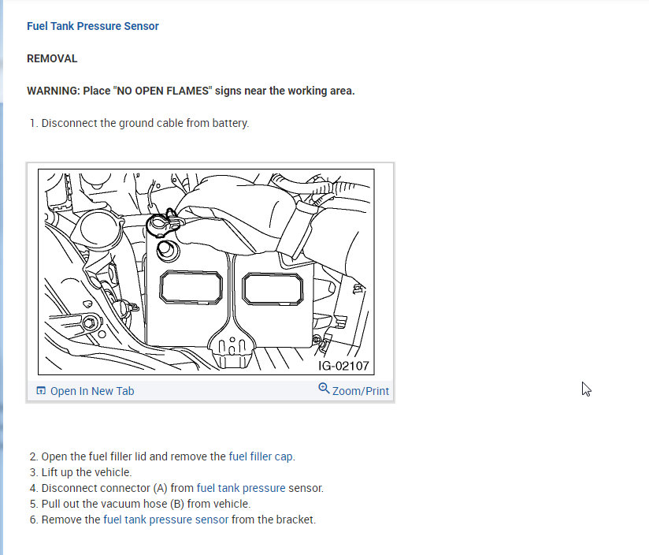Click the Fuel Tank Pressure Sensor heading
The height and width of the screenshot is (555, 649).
[x=93, y=26]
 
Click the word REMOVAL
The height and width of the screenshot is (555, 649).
[x=52, y=58]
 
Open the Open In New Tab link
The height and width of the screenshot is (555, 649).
[x=92, y=391]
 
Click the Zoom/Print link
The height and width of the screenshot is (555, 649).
[x=360, y=391]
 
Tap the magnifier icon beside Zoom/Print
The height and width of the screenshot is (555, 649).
[x=324, y=389]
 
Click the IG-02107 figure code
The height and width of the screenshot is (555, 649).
[x=343, y=366]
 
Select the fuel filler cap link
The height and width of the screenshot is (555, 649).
[x=261, y=456]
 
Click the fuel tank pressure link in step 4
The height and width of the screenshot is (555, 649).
[x=241, y=488]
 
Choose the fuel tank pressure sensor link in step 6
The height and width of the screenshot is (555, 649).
[x=165, y=520]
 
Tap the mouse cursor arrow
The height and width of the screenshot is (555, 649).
[x=586, y=389]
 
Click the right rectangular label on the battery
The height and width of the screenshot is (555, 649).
[x=272, y=289]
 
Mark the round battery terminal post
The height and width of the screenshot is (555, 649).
[x=166, y=248]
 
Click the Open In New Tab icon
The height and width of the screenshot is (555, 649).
[x=41, y=391]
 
